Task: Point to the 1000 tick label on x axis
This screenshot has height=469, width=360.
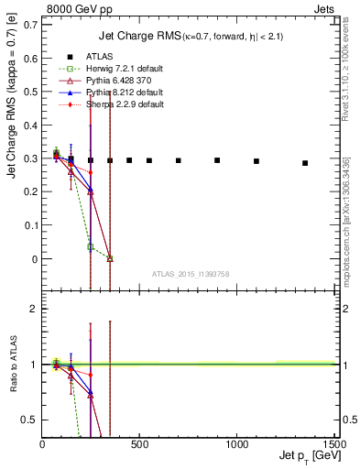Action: click(236, 444)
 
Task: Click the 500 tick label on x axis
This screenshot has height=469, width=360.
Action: click(139, 444)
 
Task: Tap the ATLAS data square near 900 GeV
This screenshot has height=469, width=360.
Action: click(217, 160)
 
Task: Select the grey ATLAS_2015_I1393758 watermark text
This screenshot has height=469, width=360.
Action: click(191, 274)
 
